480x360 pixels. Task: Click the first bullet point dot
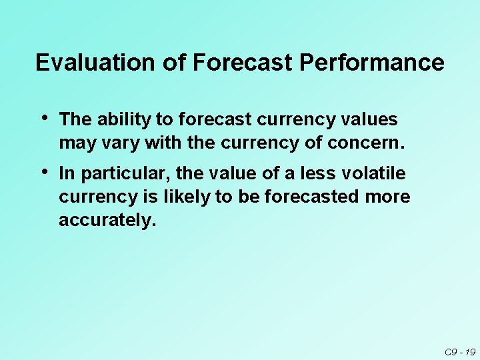(x=44, y=118)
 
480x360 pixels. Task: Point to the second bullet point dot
(x=44, y=172)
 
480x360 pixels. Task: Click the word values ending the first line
(x=369, y=120)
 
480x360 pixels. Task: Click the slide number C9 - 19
(x=459, y=352)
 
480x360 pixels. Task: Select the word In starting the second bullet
(x=65, y=174)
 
